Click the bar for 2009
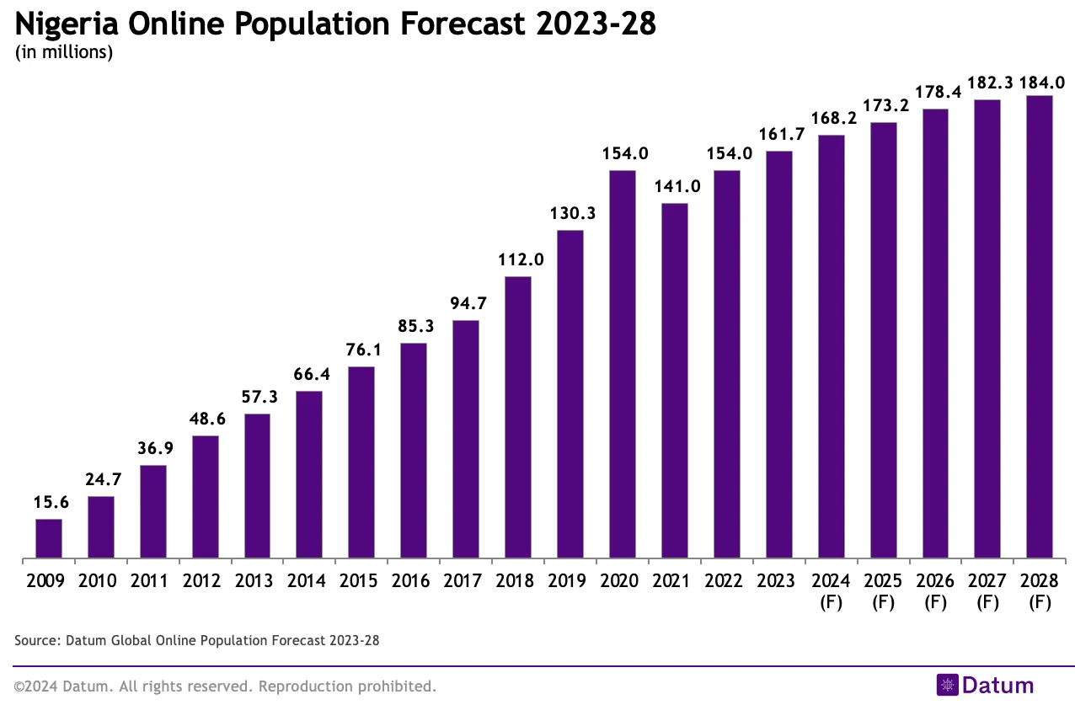click(49, 538)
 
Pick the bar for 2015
click(361, 462)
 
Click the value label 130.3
click(570, 214)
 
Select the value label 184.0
click(1042, 83)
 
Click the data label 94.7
click(466, 303)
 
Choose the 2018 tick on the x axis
click(518, 581)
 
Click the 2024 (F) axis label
click(832, 590)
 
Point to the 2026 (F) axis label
click(936, 590)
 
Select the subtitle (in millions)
click(64, 52)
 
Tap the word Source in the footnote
click(35, 641)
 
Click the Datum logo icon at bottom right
click(948, 686)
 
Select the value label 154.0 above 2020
click(623, 154)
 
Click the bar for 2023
click(779, 355)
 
